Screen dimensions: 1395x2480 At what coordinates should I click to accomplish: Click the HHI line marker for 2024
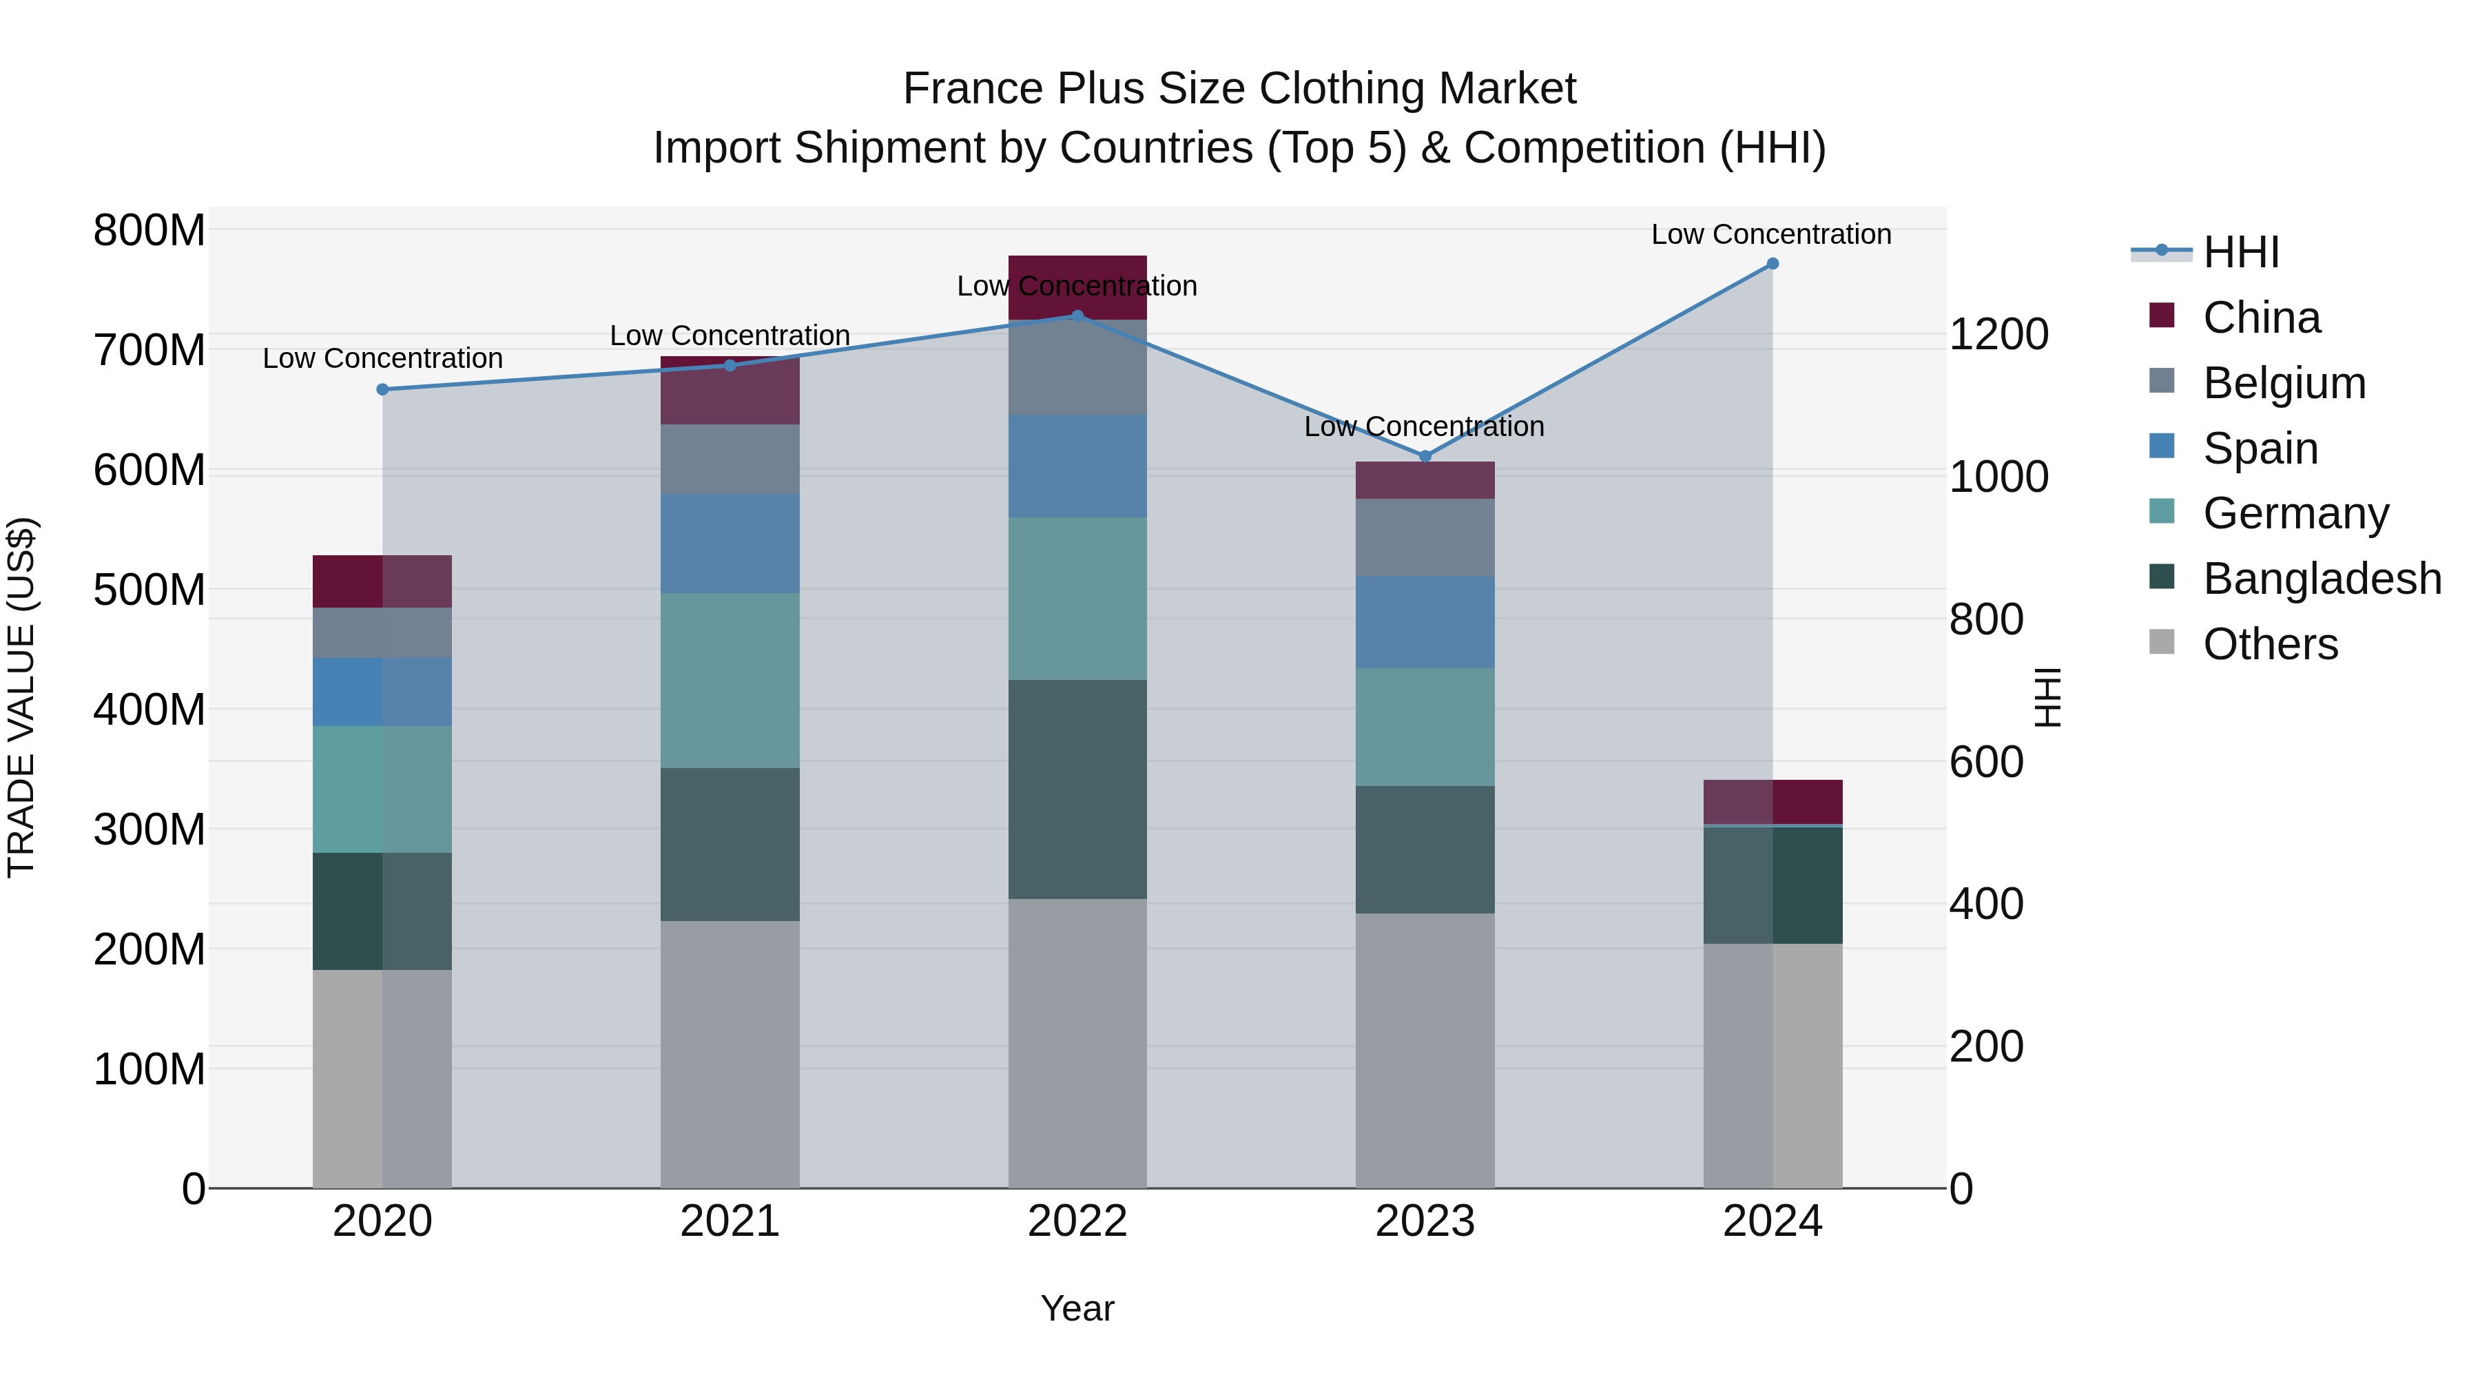(x=1773, y=264)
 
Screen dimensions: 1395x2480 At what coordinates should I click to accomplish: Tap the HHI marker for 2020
(x=382, y=390)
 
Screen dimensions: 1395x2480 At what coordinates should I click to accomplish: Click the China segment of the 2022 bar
(x=1077, y=288)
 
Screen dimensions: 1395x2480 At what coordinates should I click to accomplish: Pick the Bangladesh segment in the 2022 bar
(x=1077, y=789)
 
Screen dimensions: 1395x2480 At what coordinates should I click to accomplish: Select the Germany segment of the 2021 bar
(x=730, y=680)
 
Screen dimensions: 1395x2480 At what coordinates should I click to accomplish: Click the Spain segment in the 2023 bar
(x=1425, y=622)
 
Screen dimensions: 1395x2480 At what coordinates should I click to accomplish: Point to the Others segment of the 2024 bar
(x=1773, y=1066)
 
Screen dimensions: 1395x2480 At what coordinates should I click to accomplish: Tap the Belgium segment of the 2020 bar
(x=382, y=632)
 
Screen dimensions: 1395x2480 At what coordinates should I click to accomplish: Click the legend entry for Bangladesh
(x=2320, y=579)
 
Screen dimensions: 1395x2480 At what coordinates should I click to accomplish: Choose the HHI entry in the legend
(x=2240, y=252)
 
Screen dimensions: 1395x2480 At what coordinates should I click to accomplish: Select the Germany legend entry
(x=2295, y=513)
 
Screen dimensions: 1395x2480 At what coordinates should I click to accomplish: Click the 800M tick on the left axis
(x=149, y=231)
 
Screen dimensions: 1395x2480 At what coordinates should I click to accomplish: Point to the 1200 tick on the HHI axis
(x=1998, y=335)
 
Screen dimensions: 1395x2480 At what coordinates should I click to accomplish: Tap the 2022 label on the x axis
(x=1077, y=1221)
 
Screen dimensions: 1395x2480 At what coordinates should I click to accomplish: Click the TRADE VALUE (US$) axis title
(x=21, y=697)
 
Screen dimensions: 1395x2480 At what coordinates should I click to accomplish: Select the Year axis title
(x=1077, y=1308)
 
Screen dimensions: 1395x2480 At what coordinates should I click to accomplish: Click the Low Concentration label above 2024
(x=1770, y=234)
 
